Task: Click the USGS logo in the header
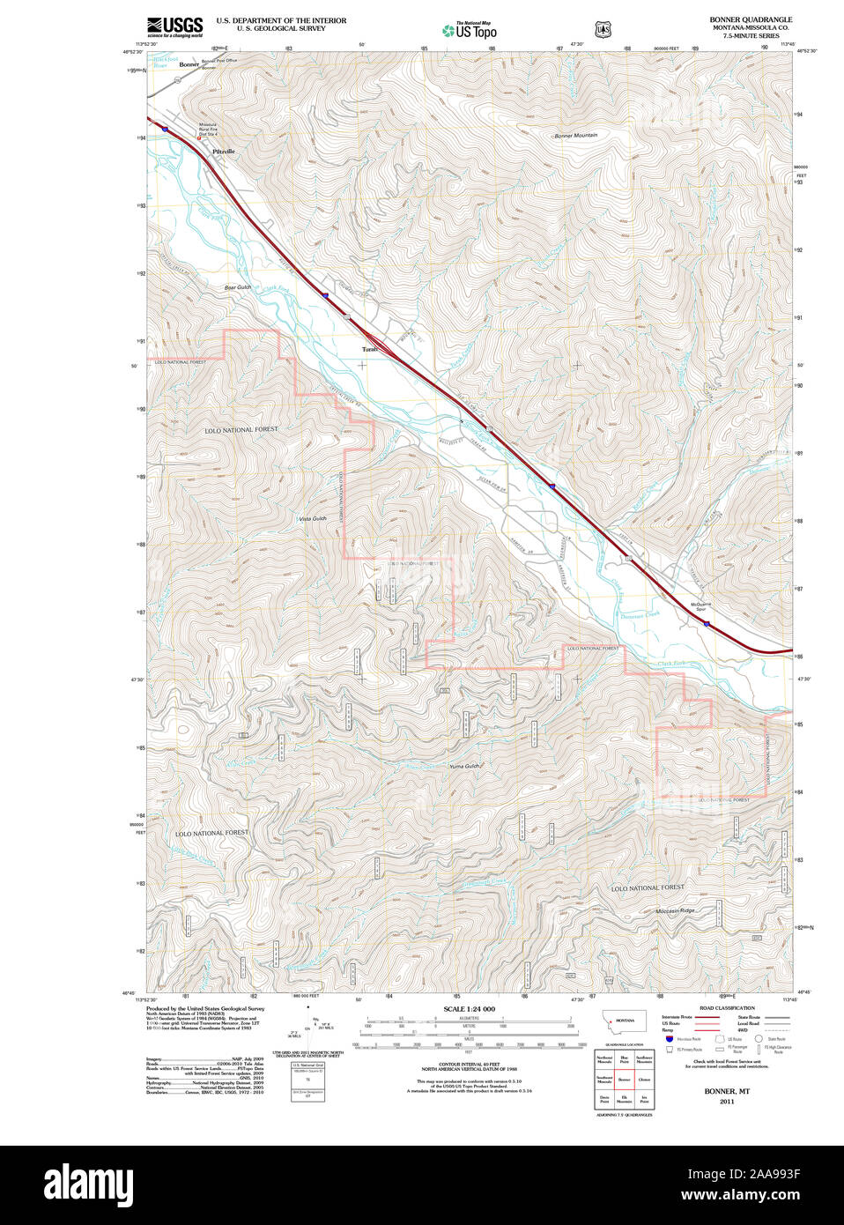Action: point(174,26)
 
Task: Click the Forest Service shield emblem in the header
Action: point(603,29)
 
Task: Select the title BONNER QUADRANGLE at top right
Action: point(751,19)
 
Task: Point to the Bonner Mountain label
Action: point(575,136)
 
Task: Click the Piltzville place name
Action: point(224,152)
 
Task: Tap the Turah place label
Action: point(369,349)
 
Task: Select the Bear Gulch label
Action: point(237,287)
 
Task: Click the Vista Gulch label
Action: point(312,518)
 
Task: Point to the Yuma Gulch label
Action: point(464,766)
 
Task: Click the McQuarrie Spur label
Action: point(701,606)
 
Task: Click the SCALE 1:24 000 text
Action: point(469,1008)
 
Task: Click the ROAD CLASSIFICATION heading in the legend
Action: point(727,1007)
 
